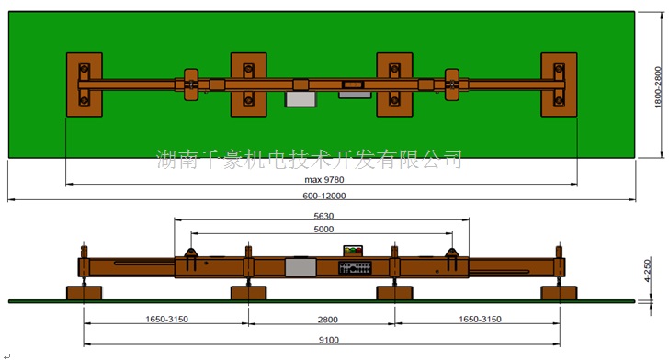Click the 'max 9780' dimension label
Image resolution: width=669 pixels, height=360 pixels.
(324, 180)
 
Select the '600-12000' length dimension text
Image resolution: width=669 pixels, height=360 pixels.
(324, 196)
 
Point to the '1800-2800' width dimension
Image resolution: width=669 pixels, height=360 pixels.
(658, 87)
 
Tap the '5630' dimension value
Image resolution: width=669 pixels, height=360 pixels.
(323, 216)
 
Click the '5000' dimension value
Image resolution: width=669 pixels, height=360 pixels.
(323, 229)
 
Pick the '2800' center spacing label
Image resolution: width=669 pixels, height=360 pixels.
(328, 320)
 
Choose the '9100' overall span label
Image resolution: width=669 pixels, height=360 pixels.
(329, 340)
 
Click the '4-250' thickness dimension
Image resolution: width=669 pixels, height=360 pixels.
(647, 270)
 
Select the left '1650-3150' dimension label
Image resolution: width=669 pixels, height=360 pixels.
(167, 319)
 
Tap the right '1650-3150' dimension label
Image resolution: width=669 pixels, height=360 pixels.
(480, 319)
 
